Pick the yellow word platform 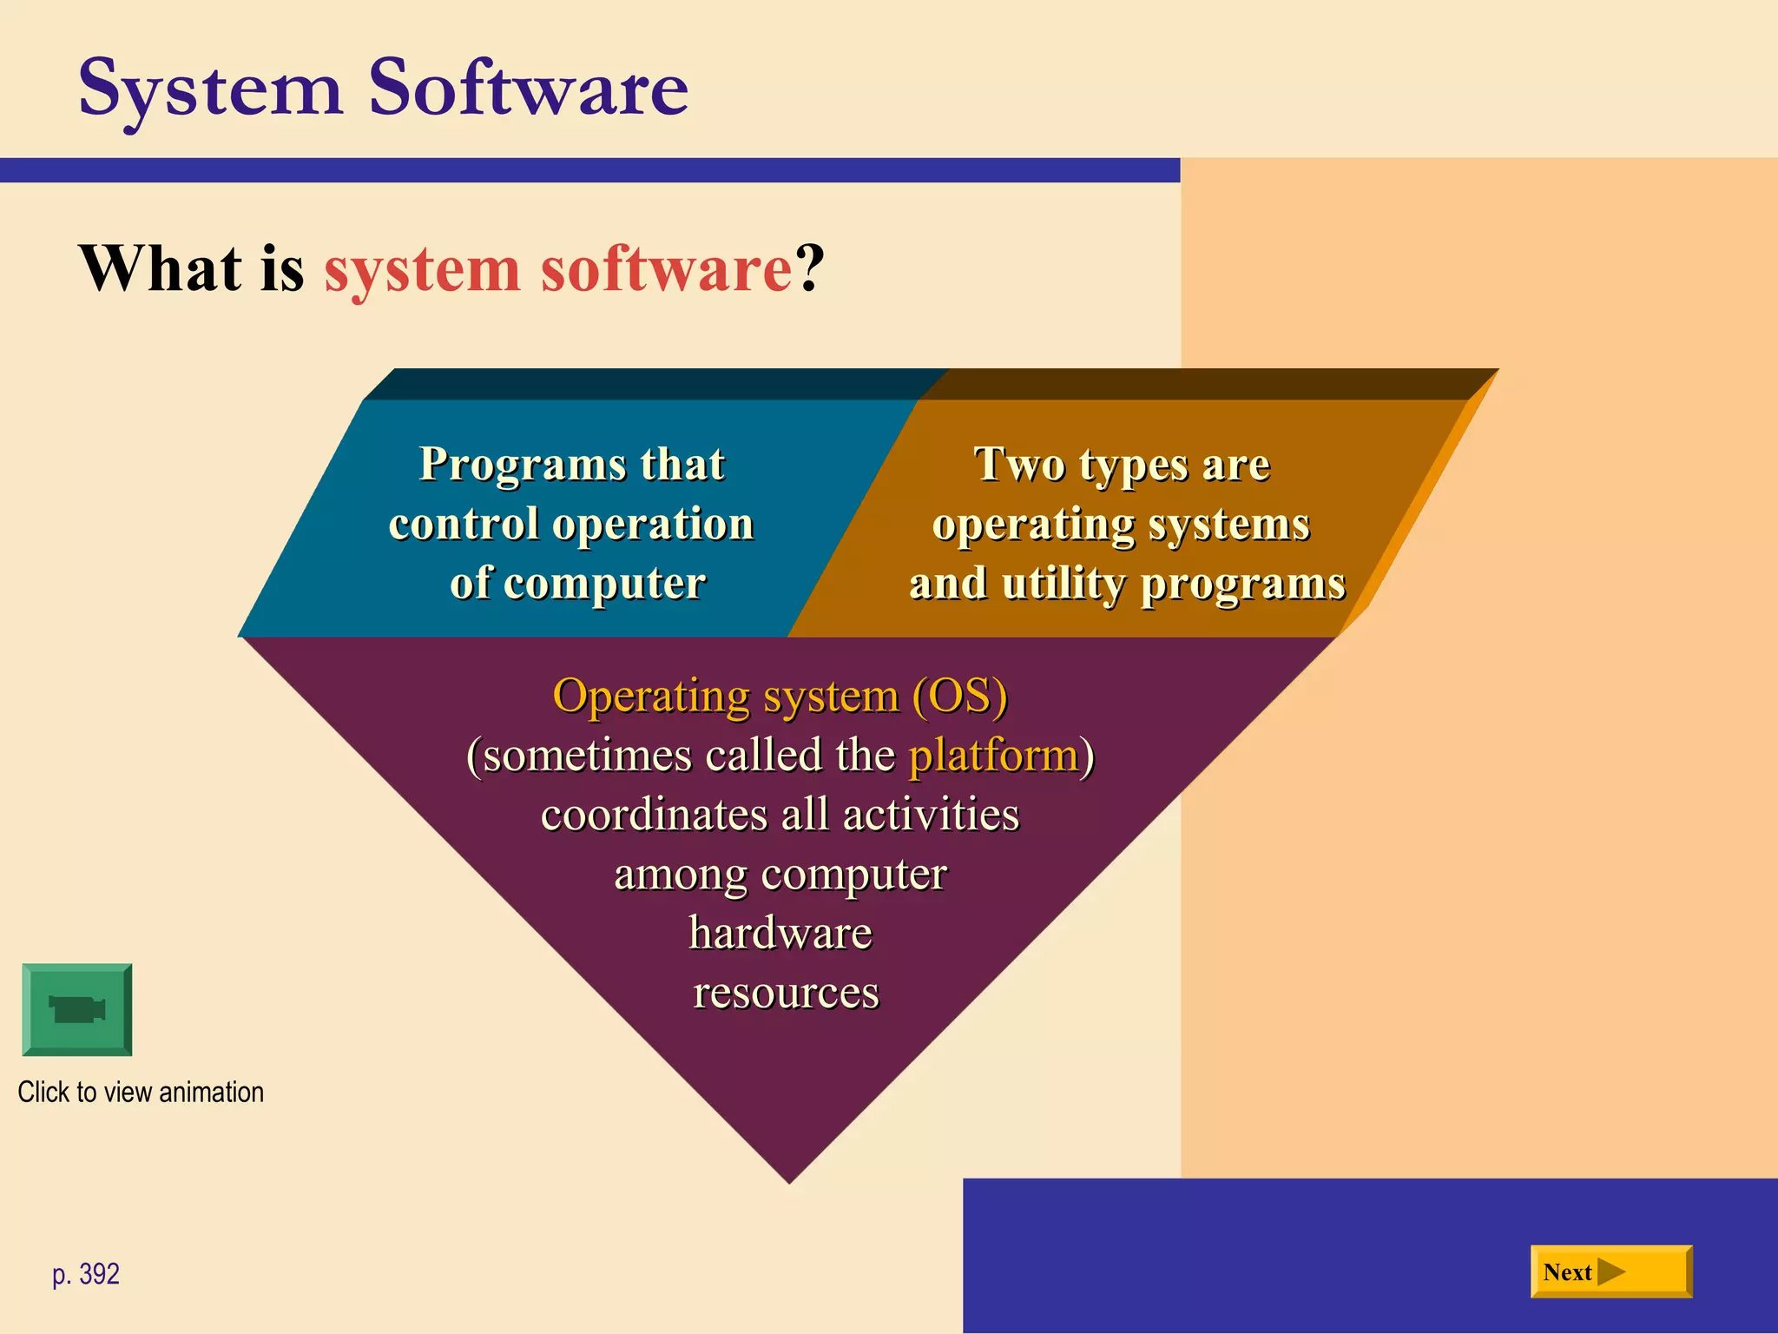(992, 754)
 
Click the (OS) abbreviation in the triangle (959, 696)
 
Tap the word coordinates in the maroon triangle (654, 815)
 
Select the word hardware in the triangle (780, 933)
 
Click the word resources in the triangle (786, 992)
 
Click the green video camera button (77, 1009)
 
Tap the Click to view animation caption (141, 1092)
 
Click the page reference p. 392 (85, 1274)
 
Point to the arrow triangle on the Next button (1610, 1272)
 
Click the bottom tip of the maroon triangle (789, 1178)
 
